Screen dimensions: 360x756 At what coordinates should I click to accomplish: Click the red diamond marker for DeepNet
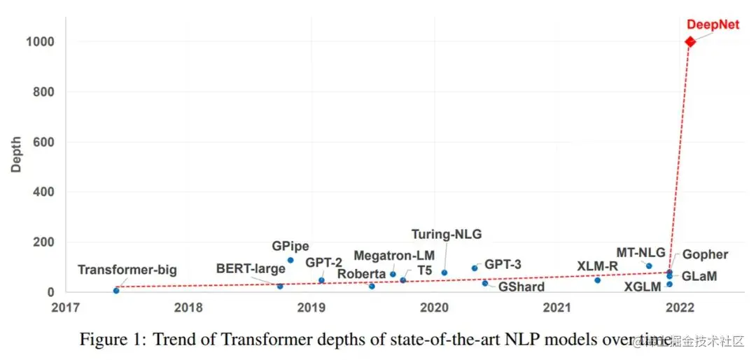pos(690,41)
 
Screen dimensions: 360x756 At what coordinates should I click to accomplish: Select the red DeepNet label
pos(713,25)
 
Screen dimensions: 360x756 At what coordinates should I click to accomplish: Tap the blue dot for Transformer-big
pos(116,290)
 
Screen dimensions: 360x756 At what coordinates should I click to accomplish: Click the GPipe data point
pos(290,261)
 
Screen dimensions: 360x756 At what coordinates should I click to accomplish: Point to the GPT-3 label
pos(503,265)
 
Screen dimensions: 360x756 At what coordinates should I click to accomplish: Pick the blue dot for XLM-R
pos(597,280)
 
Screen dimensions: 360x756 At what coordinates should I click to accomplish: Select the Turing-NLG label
pos(446,235)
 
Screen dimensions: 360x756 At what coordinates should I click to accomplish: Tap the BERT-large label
pos(251,268)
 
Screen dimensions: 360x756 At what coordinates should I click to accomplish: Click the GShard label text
pos(521,286)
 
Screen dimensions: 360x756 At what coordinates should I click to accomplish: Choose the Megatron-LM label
pos(393,255)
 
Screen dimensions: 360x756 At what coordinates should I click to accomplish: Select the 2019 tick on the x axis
pos(311,307)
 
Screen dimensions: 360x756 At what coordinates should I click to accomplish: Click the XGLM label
pos(644,286)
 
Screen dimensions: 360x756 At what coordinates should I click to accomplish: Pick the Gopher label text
pos(705,255)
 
